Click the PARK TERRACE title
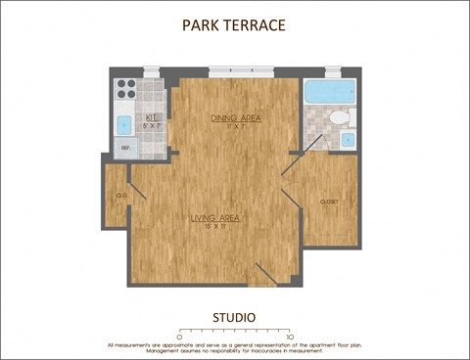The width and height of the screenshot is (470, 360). click(x=234, y=24)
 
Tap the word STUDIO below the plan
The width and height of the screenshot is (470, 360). click(x=234, y=317)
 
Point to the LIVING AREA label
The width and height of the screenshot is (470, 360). click(x=216, y=217)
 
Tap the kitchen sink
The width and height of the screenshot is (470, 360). click(x=124, y=125)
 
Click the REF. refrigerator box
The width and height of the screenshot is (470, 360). click(x=125, y=149)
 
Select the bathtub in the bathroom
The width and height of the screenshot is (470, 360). click(x=331, y=94)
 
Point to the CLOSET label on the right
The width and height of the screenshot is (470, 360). click(x=329, y=202)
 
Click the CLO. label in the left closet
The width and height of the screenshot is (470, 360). click(x=121, y=196)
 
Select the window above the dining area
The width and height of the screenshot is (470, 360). click(x=235, y=70)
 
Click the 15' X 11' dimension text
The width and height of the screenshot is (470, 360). click(x=216, y=226)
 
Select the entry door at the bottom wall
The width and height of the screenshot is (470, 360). click(x=265, y=275)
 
